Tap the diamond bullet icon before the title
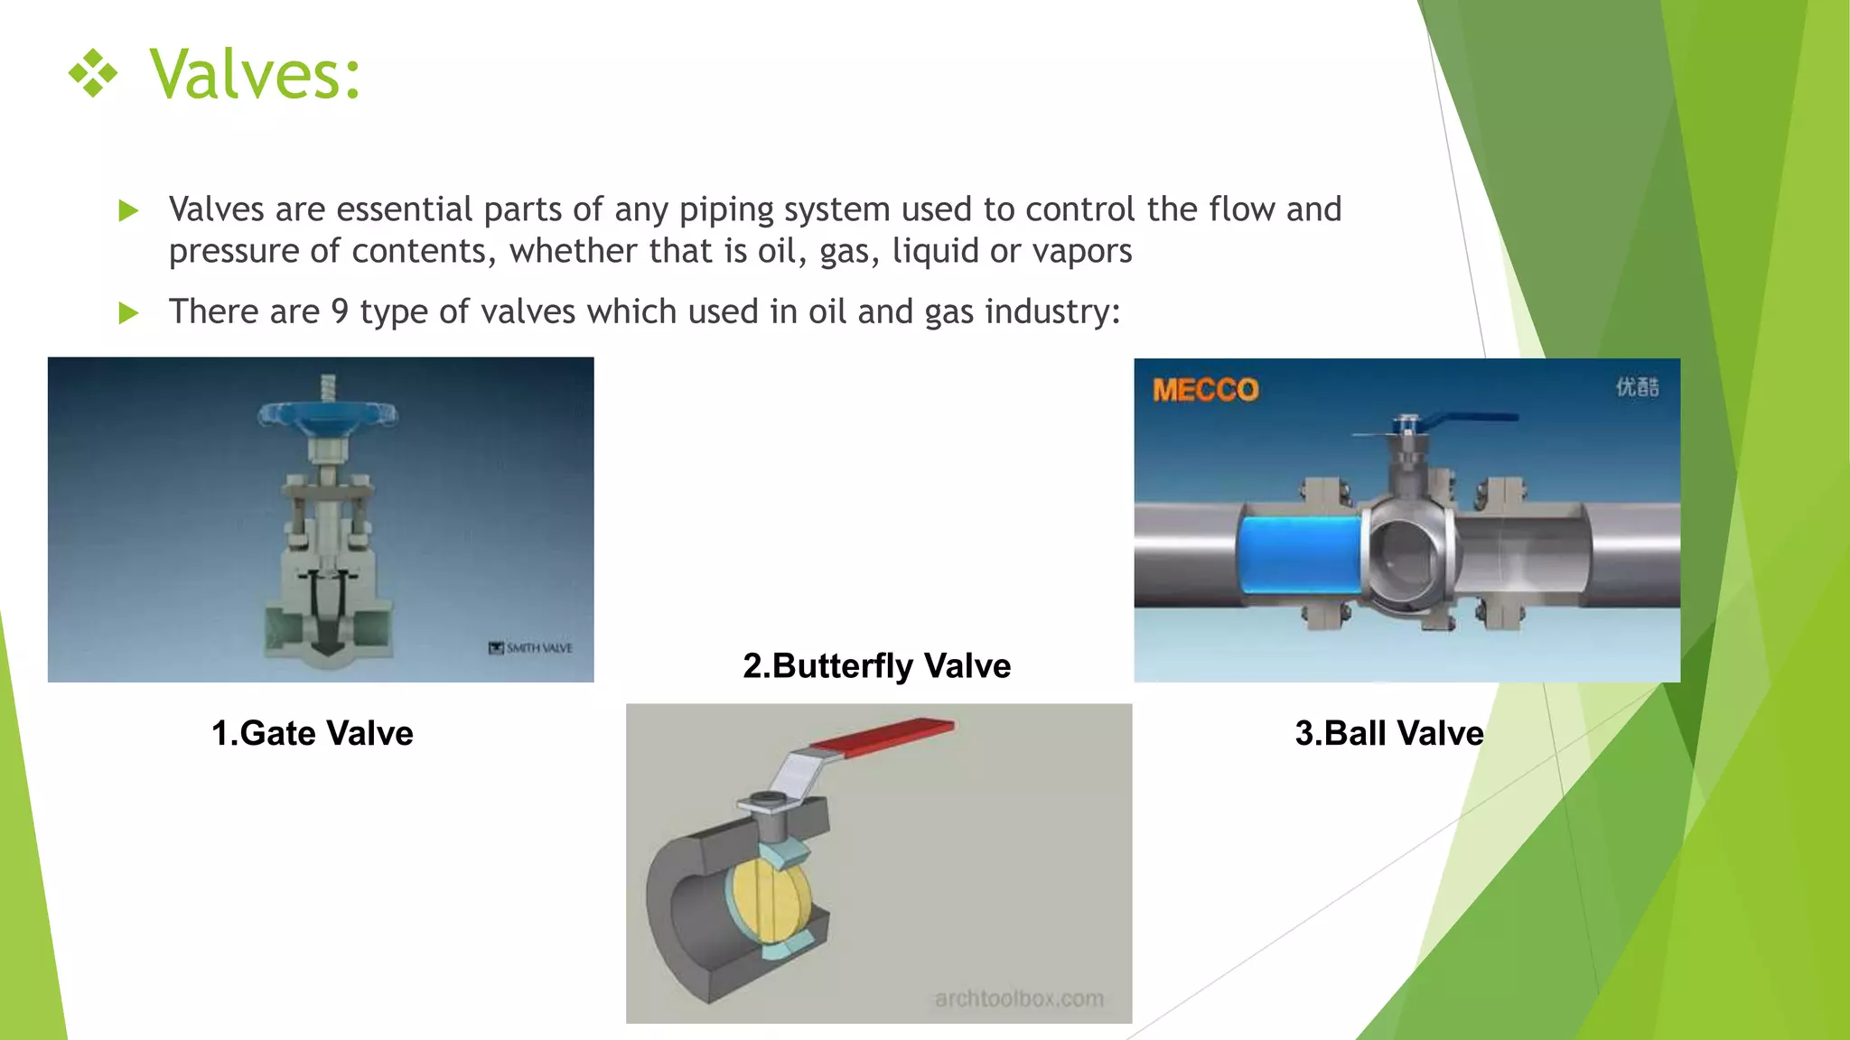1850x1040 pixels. [x=93, y=73]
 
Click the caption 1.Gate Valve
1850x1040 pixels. [x=312, y=733]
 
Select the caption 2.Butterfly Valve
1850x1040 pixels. [x=876, y=665]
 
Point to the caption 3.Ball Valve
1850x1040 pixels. [x=1388, y=733]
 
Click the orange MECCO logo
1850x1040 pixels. [x=1205, y=390]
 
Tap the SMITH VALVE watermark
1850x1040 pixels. [x=531, y=647]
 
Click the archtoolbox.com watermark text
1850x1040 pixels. [x=1019, y=998]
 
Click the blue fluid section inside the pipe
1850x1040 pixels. [x=1301, y=554]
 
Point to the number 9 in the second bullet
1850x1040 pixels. [x=340, y=311]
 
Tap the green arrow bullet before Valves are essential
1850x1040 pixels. [x=129, y=211]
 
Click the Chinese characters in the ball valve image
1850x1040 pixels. [x=1637, y=387]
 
